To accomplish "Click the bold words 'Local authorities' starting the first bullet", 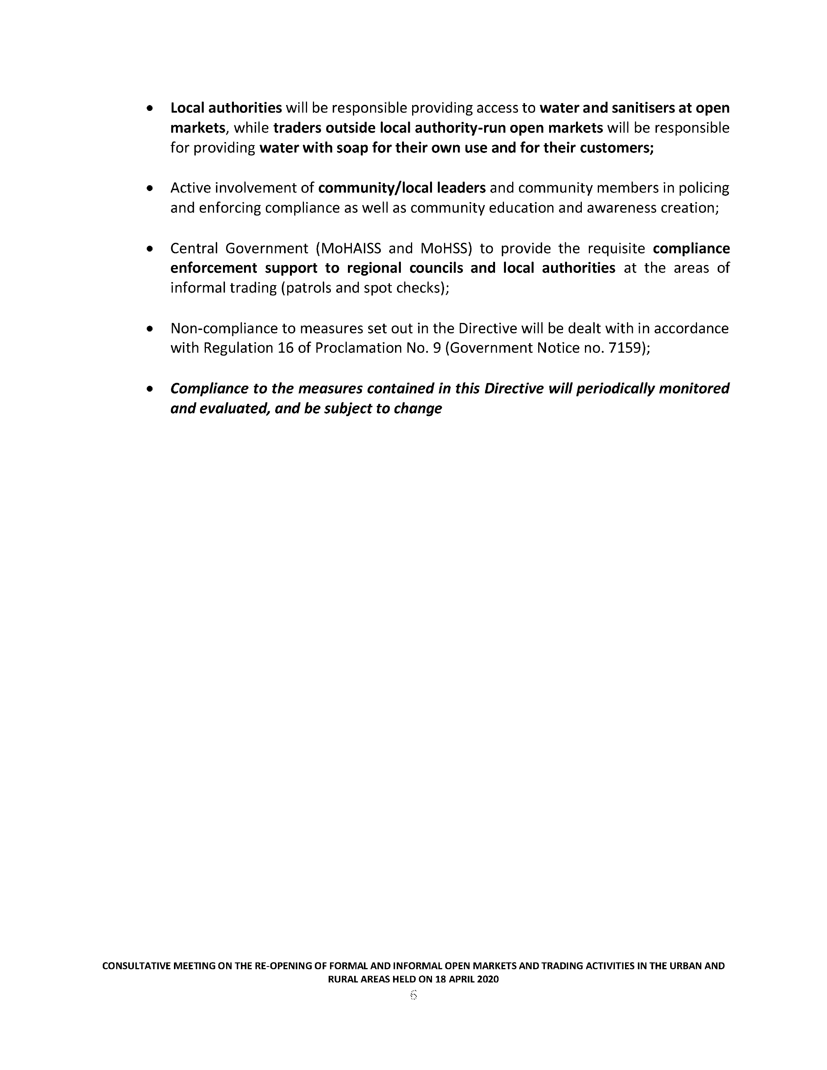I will (x=226, y=108).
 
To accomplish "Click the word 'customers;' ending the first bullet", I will (x=617, y=148).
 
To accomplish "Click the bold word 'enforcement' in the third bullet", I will (x=214, y=268).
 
